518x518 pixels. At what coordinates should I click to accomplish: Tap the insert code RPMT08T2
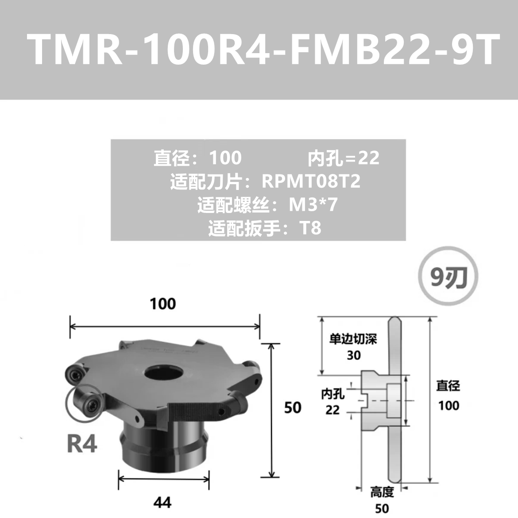coord(311,181)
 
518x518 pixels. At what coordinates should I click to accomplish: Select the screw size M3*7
coord(313,205)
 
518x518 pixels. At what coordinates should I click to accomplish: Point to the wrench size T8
coord(310,228)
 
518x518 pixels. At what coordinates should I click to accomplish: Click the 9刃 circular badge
coord(448,275)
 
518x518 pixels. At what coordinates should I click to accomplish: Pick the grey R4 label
coord(82,444)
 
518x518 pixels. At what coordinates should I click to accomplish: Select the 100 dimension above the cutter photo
coord(163,304)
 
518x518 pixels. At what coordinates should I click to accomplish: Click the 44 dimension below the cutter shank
coord(162,503)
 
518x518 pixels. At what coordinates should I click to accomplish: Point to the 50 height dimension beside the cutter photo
coord(293,408)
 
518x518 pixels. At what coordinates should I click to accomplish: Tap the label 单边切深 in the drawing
coord(353,339)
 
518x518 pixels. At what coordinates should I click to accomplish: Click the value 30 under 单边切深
coord(353,356)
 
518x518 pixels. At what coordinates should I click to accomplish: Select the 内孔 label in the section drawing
coord(332,394)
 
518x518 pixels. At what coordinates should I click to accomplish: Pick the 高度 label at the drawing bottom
coord(382,493)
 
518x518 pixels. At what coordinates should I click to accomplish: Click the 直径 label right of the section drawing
coord(448,386)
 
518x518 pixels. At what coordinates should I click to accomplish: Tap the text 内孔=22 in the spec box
coord(344,158)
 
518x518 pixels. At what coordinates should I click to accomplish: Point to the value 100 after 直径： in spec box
coord(225,158)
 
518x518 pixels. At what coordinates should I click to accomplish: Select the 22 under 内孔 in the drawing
coord(332,410)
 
